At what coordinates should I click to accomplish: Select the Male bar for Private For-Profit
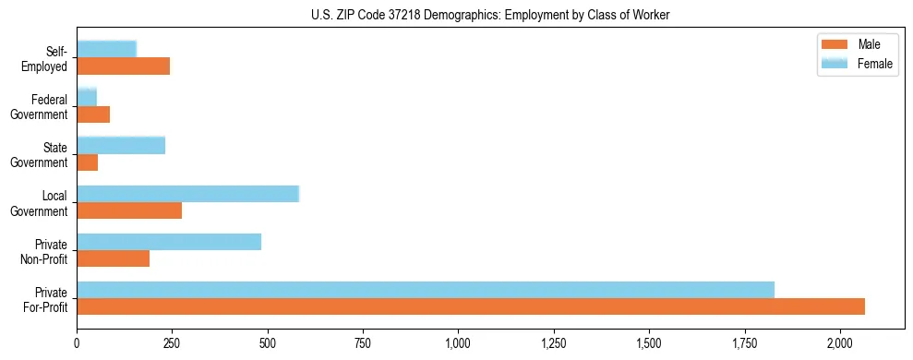(471, 306)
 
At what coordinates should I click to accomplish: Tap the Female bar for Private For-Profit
(426, 289)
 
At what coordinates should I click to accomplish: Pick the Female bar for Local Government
(188, 193)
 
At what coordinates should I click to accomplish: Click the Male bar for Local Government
(129, 210)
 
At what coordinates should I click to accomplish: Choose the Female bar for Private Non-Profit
(169, 241)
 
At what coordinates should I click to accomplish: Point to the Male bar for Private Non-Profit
(114, 258)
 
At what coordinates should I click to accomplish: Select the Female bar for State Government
(121, 145)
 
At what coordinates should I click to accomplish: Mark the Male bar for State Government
(88, 162)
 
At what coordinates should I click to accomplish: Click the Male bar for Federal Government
(93, 114)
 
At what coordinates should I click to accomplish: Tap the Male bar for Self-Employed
(124, 66)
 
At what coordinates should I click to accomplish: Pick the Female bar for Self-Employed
(107, 49)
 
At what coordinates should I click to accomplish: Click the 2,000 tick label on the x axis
(839, 342)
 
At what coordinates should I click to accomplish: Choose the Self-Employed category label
(50, 58)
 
